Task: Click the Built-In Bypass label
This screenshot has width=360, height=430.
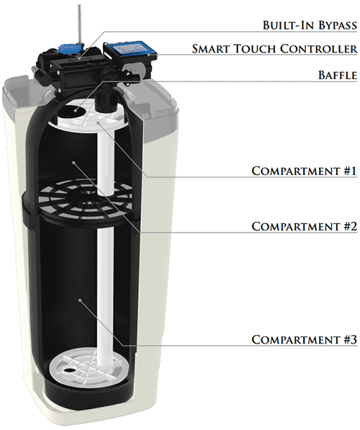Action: (310, 24)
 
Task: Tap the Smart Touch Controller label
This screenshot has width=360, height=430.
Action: (274, 48)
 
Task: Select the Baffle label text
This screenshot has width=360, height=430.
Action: (338, 75)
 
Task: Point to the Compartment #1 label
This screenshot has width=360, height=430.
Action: (305, 171)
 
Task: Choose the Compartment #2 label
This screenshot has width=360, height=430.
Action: (305, 226)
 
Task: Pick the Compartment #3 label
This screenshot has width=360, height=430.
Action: (305, 339)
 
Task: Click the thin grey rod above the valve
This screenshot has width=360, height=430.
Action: (80, 24)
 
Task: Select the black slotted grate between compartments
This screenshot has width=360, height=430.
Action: (86, 198)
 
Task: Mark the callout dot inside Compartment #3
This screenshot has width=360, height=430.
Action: (80, 300)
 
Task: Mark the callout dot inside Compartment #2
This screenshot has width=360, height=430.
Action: (73, 163)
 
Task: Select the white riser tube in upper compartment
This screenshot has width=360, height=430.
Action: (106, 162)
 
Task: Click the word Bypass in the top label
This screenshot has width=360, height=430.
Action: (338, 24)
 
